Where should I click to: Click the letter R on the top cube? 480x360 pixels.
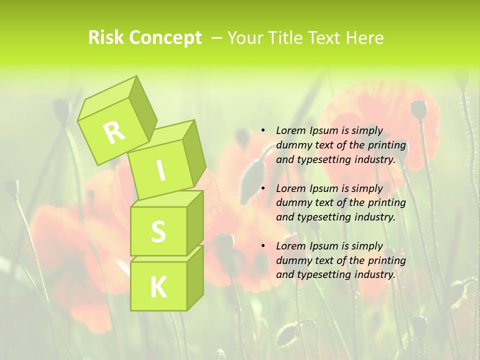pyautogui.click(x=114, y=132)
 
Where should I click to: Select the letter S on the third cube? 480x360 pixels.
pyautogui.click(x=158, y=232)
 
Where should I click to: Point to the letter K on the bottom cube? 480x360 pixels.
pyautogui.click(x=158, y=287)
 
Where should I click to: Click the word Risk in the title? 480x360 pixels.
pyautogui.click(x=107, y=38)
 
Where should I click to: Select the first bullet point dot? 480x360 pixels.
pyautogui.click(x=263, y=130)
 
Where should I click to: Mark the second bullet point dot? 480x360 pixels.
pyautogui.click(x=263, y=188)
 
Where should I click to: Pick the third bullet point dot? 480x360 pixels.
pyautogui.click(x=263, y=246)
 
